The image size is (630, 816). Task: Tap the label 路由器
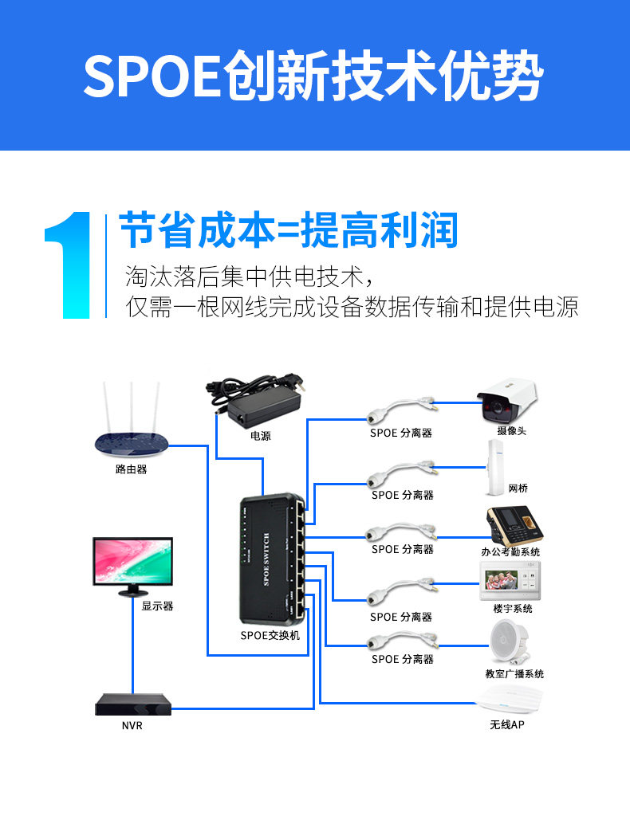[132, 469]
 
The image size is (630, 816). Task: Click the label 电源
[261, 436]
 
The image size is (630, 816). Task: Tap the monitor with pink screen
[133, 563]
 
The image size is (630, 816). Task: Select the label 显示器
[157, 606]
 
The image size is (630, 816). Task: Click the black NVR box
[133, 704]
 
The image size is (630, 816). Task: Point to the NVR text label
[132, 726]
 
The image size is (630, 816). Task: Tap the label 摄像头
[511, 431]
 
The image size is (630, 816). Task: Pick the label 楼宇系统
[512, 609]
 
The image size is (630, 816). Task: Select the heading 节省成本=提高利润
[289, 231]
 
